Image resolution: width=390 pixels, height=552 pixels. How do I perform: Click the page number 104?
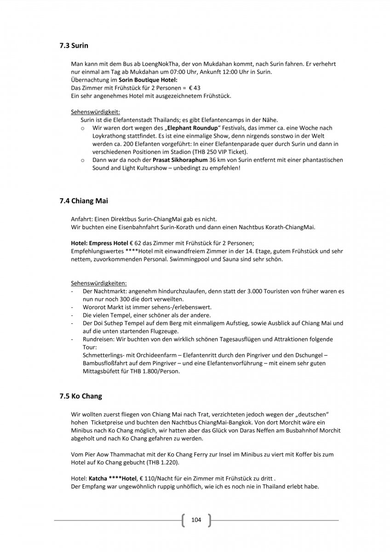[x=196, y=520]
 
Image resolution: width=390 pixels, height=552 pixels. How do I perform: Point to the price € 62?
[x=136, y=242]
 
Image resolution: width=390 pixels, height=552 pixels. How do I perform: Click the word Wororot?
[x=94, y=307]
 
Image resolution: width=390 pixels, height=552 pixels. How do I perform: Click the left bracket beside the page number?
[x=184, y=520]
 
